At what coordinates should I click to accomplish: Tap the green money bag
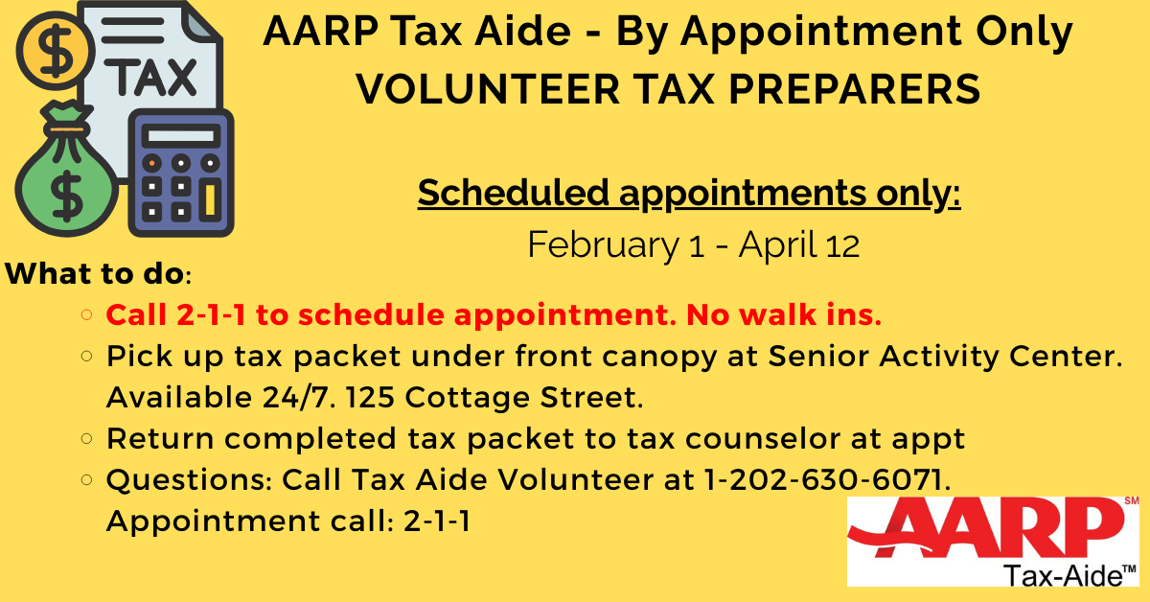click(65, 181)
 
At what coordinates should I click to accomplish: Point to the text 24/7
click(295, 397)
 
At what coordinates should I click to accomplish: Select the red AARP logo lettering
click(987, 538)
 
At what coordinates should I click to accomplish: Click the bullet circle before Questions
click(87, 480)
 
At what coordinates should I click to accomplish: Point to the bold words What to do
click(95, 273)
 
